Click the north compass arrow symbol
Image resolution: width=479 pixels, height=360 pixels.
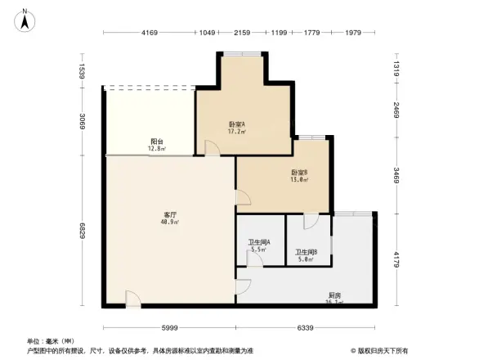pos(26,19)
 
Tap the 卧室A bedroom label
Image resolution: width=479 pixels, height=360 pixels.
pos(236,124)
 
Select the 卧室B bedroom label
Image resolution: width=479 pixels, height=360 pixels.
pos(299,172)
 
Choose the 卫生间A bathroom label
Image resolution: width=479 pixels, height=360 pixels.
pos(259,243)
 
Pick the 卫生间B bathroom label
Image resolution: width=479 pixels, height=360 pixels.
pos(307,252)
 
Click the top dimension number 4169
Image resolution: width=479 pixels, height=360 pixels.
pos(148,32)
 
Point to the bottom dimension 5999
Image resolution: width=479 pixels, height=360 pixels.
pos(169,327)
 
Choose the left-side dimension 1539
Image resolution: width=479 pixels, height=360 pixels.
pos(81,72)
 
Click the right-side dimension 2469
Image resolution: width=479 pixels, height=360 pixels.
pos(396,110)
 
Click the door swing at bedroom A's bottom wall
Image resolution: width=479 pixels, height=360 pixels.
pos(211,148)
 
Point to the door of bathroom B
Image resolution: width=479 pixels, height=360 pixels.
pos(311,221)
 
